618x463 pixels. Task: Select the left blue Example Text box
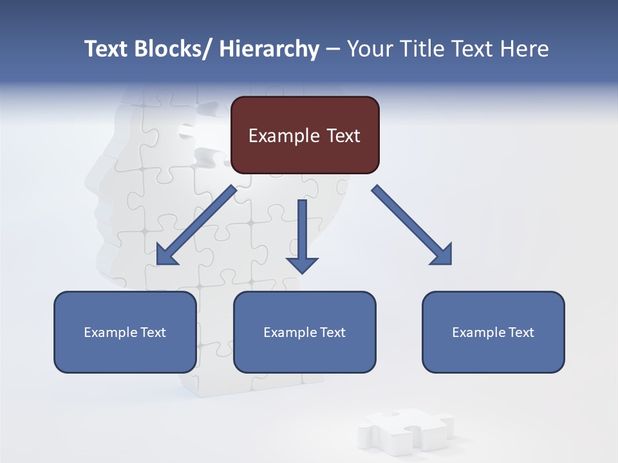click(125, 332)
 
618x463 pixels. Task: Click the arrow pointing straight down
click(302, 232)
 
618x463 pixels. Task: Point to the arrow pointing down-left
click(196, 225)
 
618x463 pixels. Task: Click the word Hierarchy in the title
click(269, 49)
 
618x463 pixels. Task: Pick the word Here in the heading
click(525, 49)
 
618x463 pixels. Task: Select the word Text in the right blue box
click(521, 332)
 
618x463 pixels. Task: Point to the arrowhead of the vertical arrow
click(302, 264)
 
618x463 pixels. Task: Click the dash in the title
click(333, 49)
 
